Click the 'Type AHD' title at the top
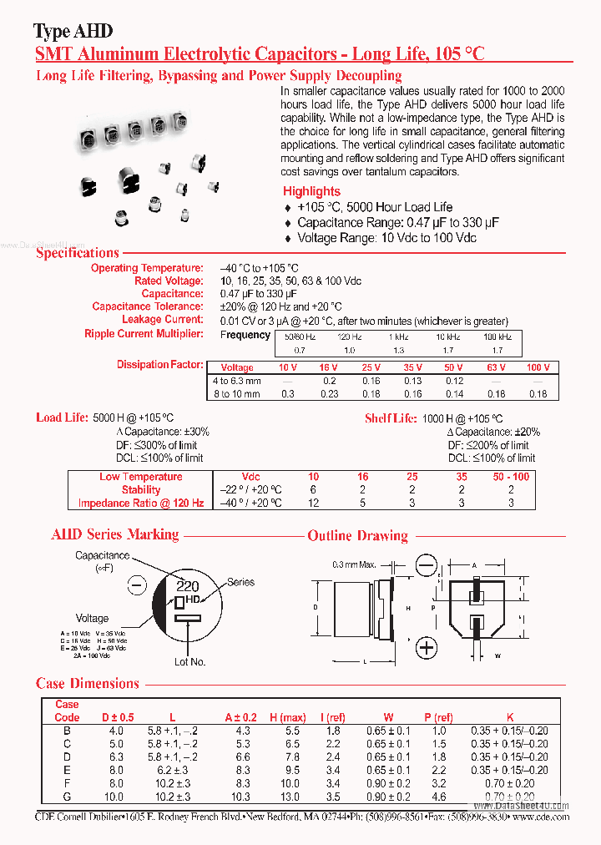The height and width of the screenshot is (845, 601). pos(73,32)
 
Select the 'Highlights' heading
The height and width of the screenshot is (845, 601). pos(311,191)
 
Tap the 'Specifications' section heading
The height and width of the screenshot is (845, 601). pos(78,253)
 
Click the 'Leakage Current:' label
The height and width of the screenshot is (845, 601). pos(162,320)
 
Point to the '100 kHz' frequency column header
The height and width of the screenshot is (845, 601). pos(497,336)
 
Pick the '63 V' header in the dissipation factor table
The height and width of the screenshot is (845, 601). pos(496,367)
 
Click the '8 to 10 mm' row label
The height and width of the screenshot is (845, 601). pos(236,394)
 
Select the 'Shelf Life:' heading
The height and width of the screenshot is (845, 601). pos(390,418)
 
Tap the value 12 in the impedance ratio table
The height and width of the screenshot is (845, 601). pos(313,503)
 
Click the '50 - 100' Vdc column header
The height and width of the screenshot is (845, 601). pos(510,477)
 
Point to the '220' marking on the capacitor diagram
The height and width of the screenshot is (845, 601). pos(187,586)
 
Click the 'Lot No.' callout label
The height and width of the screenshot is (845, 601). pos(189,662)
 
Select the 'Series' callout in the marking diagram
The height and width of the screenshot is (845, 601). pos(240,582)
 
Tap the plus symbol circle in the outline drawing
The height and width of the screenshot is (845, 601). pos(427,648)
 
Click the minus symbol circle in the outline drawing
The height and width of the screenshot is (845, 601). pos(427,567)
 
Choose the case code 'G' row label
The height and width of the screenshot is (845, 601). pos(67,797)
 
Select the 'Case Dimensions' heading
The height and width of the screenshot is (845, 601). pos(88,684)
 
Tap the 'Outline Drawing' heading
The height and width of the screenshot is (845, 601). pos(357,535)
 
